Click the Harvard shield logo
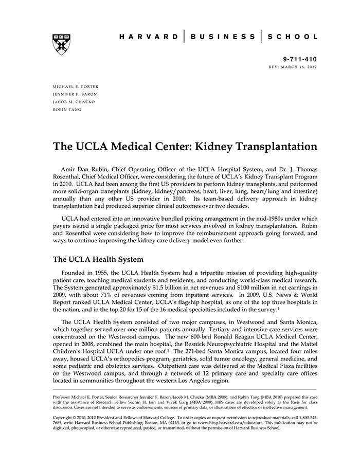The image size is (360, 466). click(x=61, y=45)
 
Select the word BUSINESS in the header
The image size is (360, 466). click(x=223, y=37)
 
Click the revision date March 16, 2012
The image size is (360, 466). click(x=299, y=67)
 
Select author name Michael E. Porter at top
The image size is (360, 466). click(x=76, y=86)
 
